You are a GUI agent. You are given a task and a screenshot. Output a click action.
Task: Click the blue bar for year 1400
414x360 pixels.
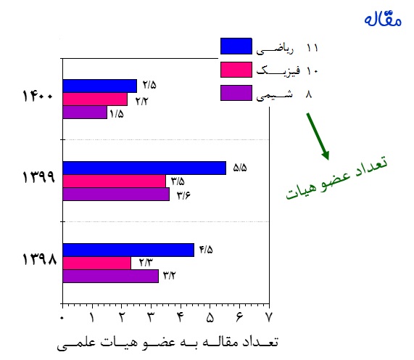point(100,86)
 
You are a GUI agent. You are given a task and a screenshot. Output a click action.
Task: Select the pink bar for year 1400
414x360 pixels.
point(95,99)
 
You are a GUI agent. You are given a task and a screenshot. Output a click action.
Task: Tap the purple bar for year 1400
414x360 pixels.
point(85,112)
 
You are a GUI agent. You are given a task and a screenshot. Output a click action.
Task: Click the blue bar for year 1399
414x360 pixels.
point(144,168)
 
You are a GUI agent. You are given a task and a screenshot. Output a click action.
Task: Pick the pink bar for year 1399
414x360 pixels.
point(114,181)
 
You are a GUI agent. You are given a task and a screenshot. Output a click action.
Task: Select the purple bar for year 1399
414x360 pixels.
point(116,195)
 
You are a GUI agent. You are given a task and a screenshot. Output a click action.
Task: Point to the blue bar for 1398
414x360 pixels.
point(128,250)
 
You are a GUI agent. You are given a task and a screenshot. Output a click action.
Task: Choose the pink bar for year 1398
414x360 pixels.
point(97,263)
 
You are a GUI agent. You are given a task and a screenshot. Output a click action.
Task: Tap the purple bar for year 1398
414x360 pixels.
point(111,277)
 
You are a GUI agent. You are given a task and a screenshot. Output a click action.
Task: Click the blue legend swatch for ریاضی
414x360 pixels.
point(236,46)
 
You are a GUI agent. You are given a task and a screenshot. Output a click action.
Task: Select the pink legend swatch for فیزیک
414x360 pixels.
point(236,70)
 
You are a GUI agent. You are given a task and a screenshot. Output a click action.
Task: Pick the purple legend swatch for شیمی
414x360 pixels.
point(236,93)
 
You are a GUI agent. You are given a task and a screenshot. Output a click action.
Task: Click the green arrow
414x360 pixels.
point(318,136)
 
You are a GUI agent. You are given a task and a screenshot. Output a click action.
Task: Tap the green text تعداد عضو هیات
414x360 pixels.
point(337,178)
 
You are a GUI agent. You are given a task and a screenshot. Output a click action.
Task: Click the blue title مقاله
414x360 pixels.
point(383,20)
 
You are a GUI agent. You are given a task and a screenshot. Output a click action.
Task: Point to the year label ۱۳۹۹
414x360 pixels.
point(39,177)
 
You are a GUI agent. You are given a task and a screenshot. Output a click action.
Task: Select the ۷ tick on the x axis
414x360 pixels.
point(268,317)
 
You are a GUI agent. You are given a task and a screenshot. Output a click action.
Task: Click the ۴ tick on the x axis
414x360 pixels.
point(180,317)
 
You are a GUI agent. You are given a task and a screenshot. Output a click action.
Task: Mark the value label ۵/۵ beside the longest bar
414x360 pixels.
point(240,168)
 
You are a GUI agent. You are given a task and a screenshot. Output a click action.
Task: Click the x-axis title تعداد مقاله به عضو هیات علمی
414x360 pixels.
point(167,343)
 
